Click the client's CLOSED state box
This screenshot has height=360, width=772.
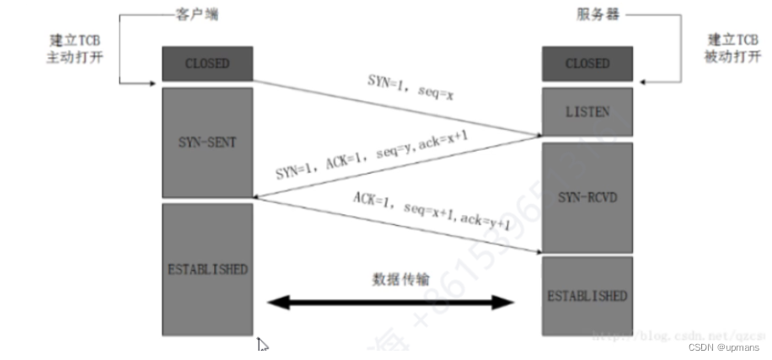pos(207,64)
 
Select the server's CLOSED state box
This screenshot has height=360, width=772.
pos(587,64)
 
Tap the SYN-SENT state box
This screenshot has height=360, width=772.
pos(207,142)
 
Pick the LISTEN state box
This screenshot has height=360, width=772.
pos(587,112)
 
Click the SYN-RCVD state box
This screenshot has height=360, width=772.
pos(587,196)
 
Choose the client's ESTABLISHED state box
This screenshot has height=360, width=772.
pos(207,270)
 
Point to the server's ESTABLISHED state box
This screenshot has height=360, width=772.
pos(587,296)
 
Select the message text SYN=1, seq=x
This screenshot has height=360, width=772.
pos(410,89)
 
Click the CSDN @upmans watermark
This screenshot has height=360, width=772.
pos(724,347)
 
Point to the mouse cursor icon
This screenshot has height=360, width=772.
pos(263,344)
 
